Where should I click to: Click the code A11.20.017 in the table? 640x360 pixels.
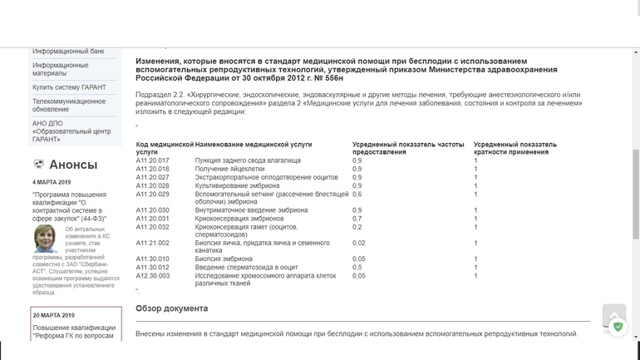[152, 160]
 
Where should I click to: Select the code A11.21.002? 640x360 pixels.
[152, 243]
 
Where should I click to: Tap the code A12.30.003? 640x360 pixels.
[152, 275]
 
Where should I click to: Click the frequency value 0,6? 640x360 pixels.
[357, 194]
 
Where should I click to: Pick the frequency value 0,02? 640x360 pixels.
[358, 243]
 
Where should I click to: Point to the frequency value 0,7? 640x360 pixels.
[357, 219]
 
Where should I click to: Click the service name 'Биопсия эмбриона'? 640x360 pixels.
[224, 259]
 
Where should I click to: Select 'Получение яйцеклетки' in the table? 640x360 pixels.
[229, 169]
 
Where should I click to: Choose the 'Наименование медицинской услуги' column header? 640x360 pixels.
[254, 144]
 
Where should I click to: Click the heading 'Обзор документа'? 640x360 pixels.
[171, 308]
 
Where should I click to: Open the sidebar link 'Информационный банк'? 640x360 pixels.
[68, 52]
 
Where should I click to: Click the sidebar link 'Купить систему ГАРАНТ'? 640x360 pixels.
[69, 87]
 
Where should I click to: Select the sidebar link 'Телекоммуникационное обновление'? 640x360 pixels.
[69, 106]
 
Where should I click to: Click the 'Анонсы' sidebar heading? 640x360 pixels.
[72, 165]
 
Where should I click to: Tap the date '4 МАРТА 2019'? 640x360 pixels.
[52, 182]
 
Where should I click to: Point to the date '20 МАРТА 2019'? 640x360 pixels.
[53, 315]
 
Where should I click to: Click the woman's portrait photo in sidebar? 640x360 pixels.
[46, 239]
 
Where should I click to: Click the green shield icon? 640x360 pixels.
[618, 327]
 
